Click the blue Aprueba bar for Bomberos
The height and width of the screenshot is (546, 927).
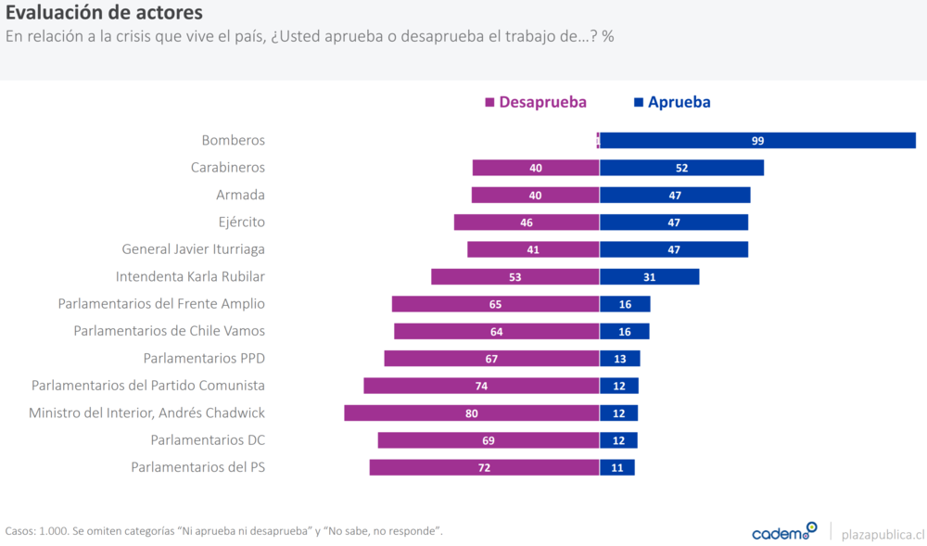757,140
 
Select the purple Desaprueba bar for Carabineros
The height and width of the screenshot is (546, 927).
536,168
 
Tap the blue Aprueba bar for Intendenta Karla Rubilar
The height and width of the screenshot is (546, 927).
649,276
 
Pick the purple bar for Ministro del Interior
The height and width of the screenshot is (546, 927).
472,413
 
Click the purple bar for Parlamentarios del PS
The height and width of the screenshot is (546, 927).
484,467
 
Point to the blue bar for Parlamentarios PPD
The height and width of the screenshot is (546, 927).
619,359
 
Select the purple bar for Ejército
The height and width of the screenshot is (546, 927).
527,222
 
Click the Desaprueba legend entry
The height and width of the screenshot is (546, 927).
536,102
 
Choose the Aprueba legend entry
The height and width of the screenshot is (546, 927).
672,102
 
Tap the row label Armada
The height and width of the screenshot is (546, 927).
240,195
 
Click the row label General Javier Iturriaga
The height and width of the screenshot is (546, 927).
193,249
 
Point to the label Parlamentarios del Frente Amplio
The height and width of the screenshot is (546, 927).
161,303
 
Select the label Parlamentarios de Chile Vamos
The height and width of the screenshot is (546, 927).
169,331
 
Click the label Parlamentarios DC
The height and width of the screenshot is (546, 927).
208,439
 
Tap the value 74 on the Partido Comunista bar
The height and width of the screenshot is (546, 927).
481,386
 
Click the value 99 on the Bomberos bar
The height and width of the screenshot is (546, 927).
757,141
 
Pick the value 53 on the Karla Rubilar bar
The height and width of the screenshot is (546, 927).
514,277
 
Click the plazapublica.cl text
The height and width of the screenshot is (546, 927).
883,533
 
